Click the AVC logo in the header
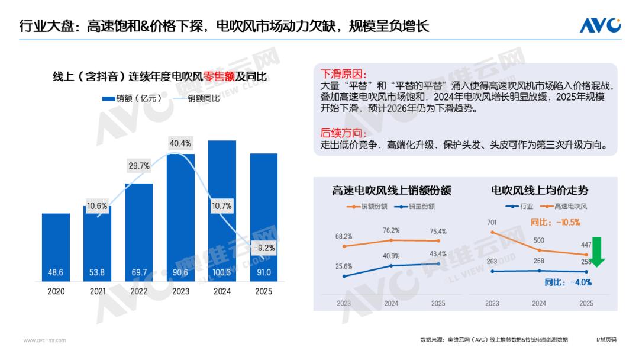coord(599,25)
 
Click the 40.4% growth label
coord(180,143)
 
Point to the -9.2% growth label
coord(263,248)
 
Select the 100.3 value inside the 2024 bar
coord(222,272)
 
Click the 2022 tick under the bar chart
coord(138,291)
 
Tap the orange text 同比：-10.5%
coord(556,223)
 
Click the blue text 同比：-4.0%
coord(567,282)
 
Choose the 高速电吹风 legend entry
coord(568,207)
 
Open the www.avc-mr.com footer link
coord(44,340)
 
